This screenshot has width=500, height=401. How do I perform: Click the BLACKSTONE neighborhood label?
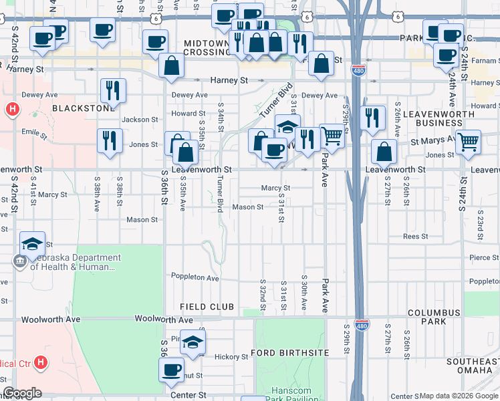tap(84, 108)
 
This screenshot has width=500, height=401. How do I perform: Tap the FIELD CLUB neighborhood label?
tap(207, 307)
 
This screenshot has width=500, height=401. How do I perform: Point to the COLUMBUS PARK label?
tap(434, 317)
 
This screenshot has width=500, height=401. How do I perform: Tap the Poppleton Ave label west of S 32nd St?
tap(195, 278)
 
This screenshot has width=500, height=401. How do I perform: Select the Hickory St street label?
tap(231, 358)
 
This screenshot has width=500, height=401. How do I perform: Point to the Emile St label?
tap(34, 134)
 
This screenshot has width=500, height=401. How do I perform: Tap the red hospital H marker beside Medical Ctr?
tap(41, 363)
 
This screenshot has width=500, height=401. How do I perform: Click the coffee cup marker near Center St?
tap(172, 368)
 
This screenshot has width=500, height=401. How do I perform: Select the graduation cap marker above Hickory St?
tap(193, 342)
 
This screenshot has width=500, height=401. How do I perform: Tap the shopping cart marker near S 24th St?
tap(469, 142)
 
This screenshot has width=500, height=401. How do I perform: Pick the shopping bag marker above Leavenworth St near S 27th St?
tap(384, 151)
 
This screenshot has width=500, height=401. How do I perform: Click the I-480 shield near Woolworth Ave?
tap(361, 324)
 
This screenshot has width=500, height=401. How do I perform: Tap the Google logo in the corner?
tap(22, 393)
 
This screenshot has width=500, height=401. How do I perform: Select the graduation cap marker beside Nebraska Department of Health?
tap(32, 245)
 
